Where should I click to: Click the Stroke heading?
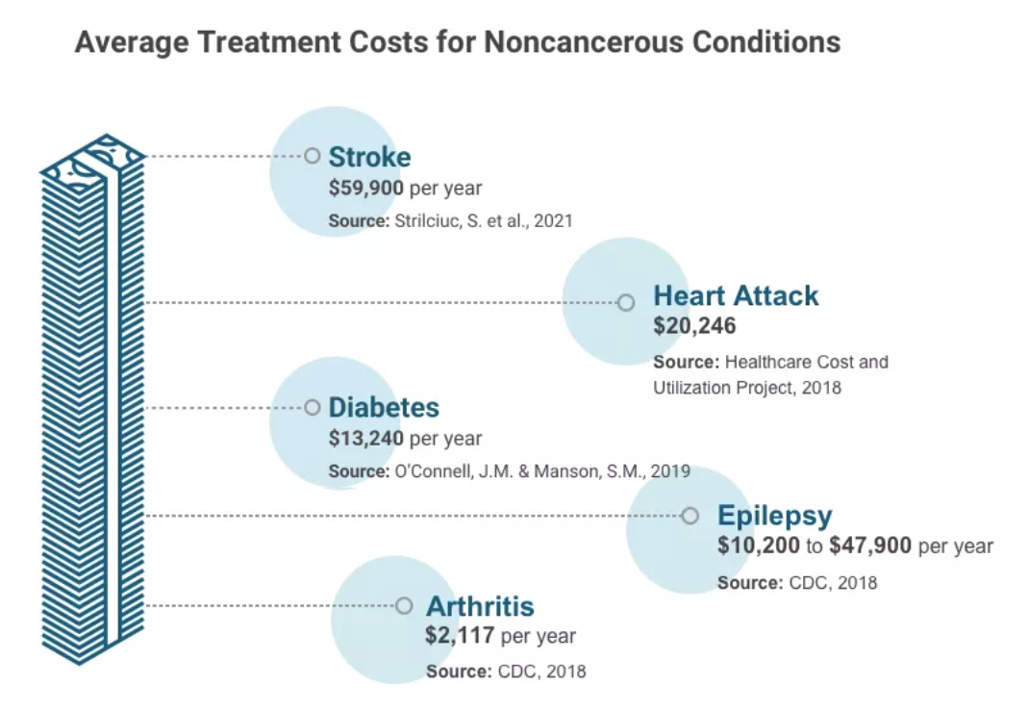pos(369,157)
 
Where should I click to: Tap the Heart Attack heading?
pos(736,295)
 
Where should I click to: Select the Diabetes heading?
pos(384,407)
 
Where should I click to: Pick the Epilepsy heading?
pos(774,516)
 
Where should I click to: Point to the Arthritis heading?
pos(479,607)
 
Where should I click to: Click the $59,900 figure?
pos(365,188)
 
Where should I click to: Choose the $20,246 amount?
pos(694,326)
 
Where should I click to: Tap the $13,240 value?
pos(365,439)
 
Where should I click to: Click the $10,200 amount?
pos(758,546)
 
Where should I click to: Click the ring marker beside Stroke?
pos(312,156)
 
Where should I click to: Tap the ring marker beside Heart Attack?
pos(626,302)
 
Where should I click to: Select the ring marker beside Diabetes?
pos(312,408)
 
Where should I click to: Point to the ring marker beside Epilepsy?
pos(690,516)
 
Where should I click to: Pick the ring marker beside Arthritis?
pos(404,606)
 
